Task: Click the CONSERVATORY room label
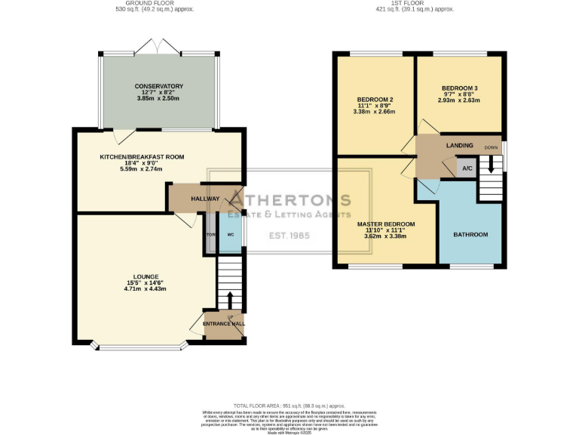click(x=159, y=86)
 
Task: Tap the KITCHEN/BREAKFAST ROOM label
click(x=142, y=157)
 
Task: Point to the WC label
click(x=231, y=235)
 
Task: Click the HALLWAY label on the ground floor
click(x=205, y=199)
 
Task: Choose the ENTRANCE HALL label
click(x=224, y=323)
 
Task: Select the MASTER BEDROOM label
click(x=385, y=224)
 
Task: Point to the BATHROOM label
click(x=470, y=235)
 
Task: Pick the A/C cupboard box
click(x=467, y=168)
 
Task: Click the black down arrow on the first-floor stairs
click(x=492, y=164)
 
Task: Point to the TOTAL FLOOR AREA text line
click(x=289, y=406)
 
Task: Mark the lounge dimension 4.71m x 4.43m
click(x=145, y=288)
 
